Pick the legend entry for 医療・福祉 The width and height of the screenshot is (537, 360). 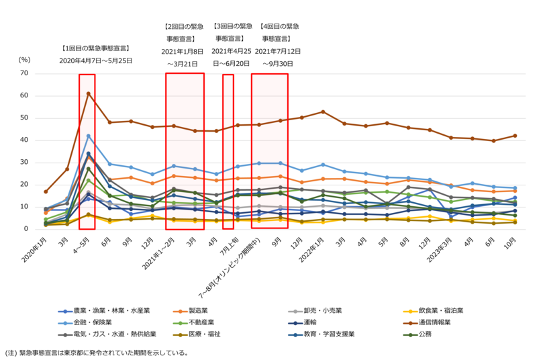213,334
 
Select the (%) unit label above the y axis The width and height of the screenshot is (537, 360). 25,59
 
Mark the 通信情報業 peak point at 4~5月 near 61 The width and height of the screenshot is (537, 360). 88,93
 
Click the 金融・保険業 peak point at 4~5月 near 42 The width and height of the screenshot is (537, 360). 88,136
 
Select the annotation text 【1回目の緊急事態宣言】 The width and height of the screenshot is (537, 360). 95,48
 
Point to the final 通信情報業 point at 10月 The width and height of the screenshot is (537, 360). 515,136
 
